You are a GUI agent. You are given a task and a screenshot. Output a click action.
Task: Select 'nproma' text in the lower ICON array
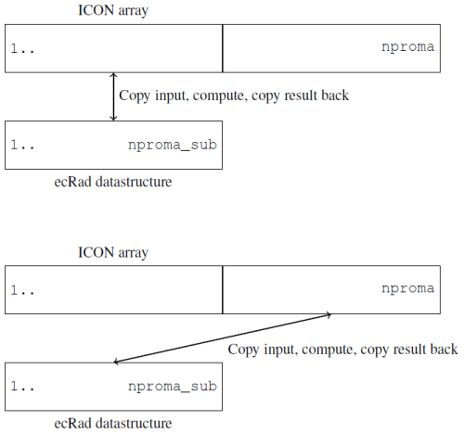(x=407, y=287)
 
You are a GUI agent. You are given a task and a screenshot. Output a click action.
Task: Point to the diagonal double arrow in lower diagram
(x=222, y=339)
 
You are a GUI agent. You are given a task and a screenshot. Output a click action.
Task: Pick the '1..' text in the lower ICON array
(x=23, y=288)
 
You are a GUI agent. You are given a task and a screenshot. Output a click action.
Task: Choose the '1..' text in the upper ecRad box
(x=23, y=146)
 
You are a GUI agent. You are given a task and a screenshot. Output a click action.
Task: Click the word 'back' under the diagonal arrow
(x=441, y=350)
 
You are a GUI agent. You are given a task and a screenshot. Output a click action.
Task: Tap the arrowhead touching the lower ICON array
(x=329, y=316)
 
